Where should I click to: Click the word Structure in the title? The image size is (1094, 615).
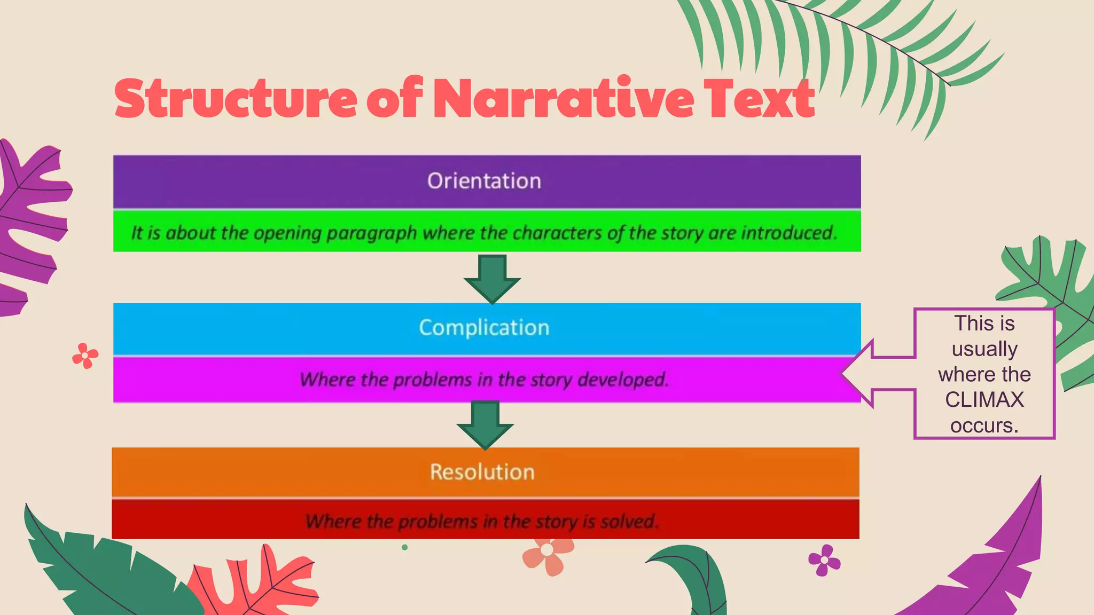pyautogui.click(x=236, y=99)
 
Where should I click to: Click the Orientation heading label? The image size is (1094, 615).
pyautogui.click(x=484, y=182)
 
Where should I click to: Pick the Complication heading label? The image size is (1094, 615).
pyautogui.click(x=484, y=328)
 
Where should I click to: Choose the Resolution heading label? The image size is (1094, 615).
pyautogui.click(x=482, y=472)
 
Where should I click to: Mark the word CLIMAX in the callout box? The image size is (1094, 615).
pyautogui.click(x=984, y=400)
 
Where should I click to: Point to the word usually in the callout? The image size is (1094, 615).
pyautogui.click(x=984, y=349)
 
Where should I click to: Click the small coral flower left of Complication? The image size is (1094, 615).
pyautogui.click(x=85, y=356)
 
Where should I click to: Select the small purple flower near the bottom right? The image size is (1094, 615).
pyautogui.click(x=824, y=560)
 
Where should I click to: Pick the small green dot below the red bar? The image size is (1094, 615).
pyautogui.click(x=404, y=547)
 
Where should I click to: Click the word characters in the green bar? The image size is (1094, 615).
pyautogui.click(x=557, y=233)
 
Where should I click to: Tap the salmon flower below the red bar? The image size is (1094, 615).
pyautogui.click(x=548, y=554)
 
